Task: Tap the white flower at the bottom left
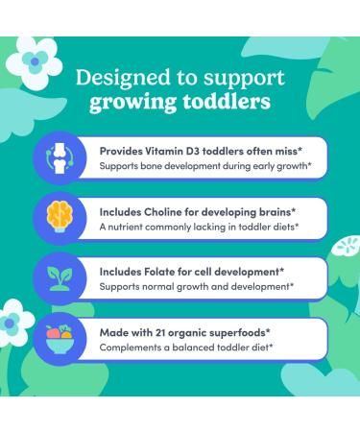(x=15, y=324)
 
